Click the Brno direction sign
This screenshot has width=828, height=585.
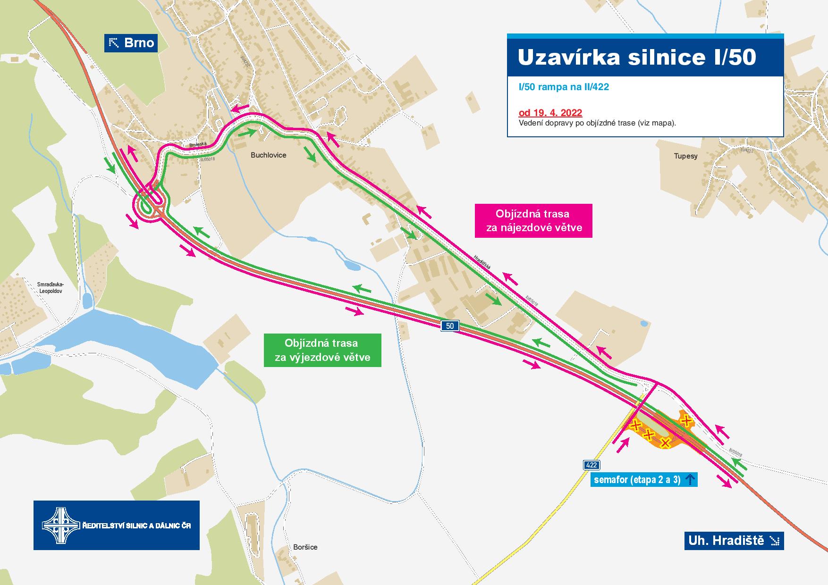pyautogui.click(x=131, y=43)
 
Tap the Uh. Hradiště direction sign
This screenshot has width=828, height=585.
pyautogui.click(x=734, y=541)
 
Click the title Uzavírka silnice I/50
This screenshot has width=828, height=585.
pyautogui.click(x=636, y=57)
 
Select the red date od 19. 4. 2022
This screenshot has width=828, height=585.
pyautogui.click(x=550, y=113)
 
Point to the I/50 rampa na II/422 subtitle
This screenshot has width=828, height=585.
pyautogui.click(x=563, y=87)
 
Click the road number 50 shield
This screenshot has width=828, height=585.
pyautogui.click(x=450, y=326)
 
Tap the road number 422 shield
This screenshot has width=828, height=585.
pyautogui.click(x=591, y=465)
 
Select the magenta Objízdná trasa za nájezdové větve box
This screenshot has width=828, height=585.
pyautogui.click(x=533, y=220)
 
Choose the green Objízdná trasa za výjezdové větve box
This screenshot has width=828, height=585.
pyautogui.click(x=322, y=350)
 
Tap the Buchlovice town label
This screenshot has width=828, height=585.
pyautogui.click(x=268, y=155)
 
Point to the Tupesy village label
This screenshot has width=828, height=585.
pyautogui.click(x=685, y=156)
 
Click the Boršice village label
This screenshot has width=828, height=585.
pyautogui.click(x=305, y=547)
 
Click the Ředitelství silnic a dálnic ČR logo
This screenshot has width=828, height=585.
pyautogui.click(x=116, y=525)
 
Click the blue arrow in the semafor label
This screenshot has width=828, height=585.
pyautogui.click(x=690, y=480)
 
